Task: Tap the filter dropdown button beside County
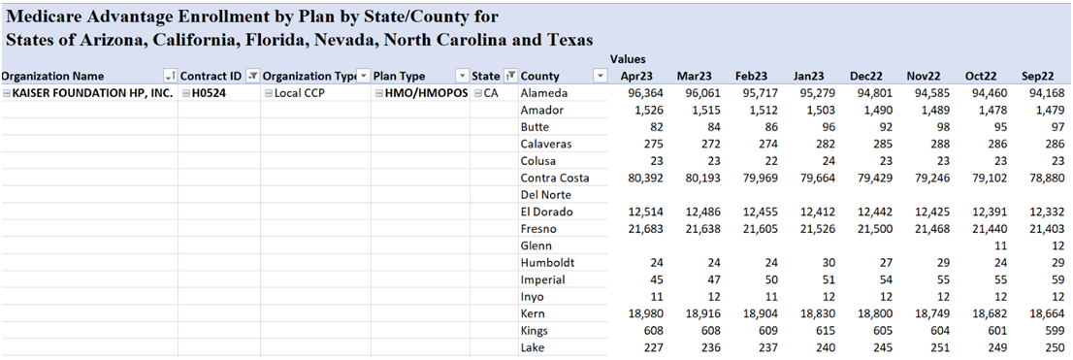(x=601, y=76)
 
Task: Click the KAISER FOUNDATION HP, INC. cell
(x=88, y=93)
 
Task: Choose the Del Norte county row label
(x=544, y=195)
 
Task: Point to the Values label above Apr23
(x=628, y=59)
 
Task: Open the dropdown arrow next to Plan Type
(x=462, y=76)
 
